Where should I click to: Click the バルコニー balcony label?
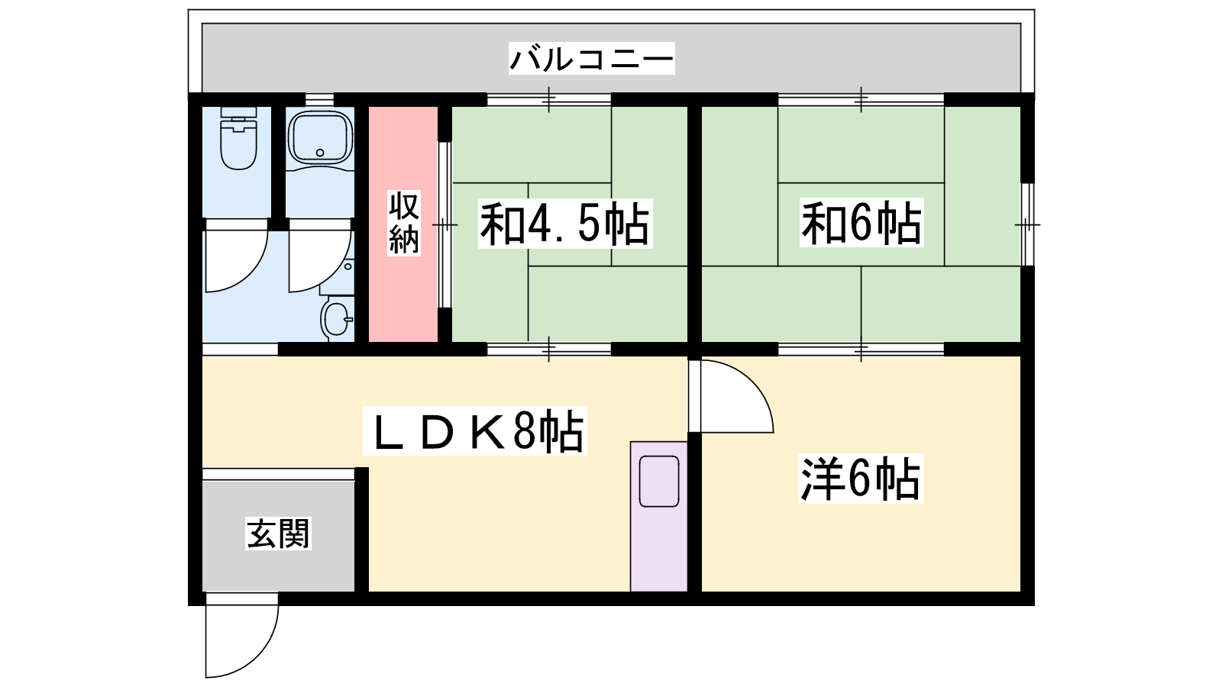coord(591,59)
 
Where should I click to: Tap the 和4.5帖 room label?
coord(565,224)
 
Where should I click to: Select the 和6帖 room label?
coord(862,222)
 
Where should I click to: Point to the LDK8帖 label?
coord(474,431)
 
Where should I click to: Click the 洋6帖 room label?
coord(860,479)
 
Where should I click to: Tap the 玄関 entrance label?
coord(278,534)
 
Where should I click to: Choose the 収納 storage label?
coord(404,222)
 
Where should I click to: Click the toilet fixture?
coord(238,137)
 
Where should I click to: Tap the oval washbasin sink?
coord(337,319)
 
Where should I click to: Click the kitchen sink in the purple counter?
coord(659,482)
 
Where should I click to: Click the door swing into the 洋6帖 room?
coord(749,382)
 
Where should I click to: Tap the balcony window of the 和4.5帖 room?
coord(549,100)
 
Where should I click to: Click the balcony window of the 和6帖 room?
coord(861,100)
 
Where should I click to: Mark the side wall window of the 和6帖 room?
coord(1027,224)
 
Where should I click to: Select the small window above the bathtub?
coord(319,100)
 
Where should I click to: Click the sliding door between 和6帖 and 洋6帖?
coord(861,349)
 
